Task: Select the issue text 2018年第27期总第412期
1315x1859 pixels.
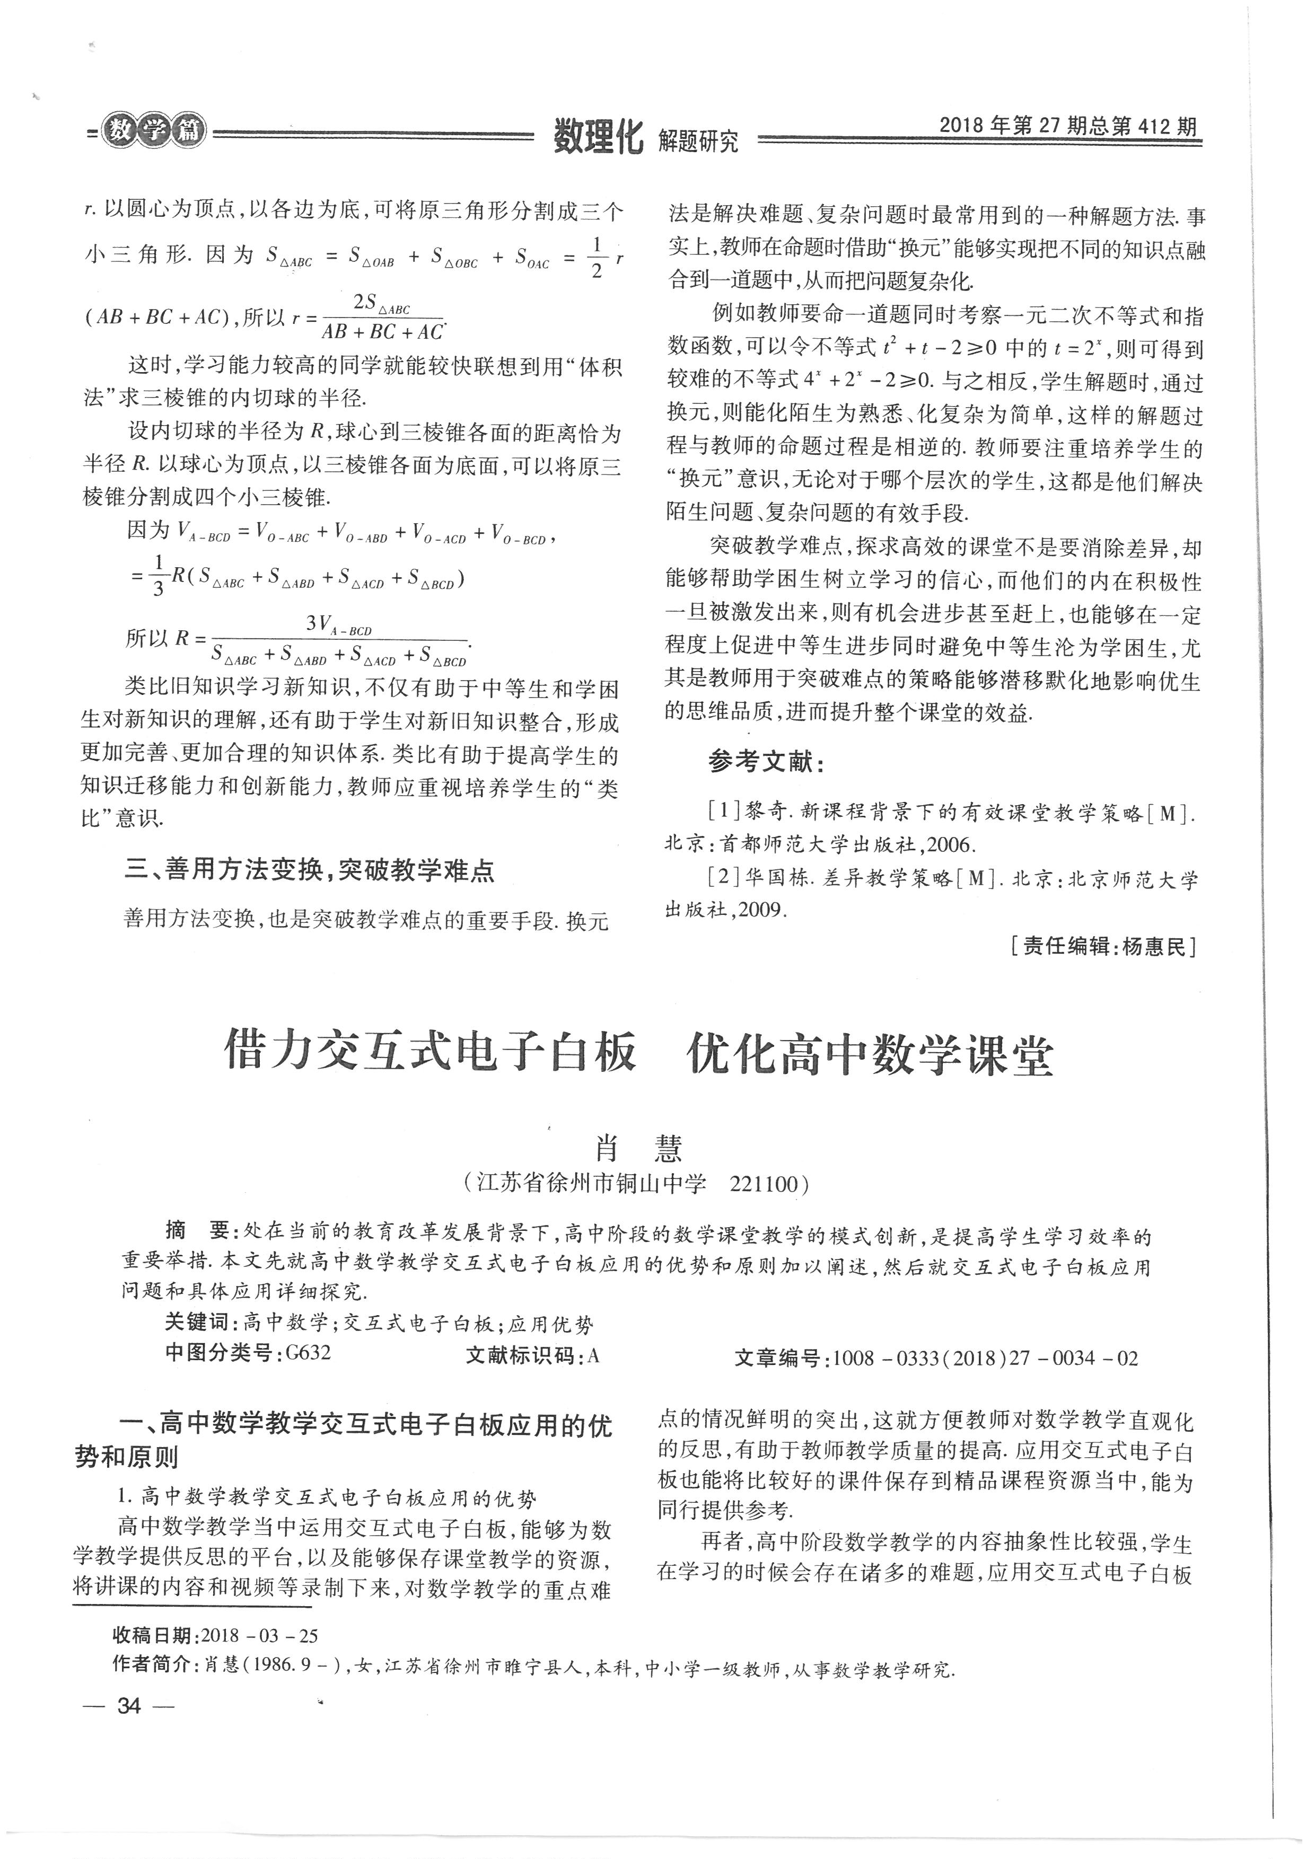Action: (x=1067, y=126)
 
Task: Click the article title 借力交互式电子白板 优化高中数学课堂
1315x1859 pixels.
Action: (x=639, y=1055)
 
